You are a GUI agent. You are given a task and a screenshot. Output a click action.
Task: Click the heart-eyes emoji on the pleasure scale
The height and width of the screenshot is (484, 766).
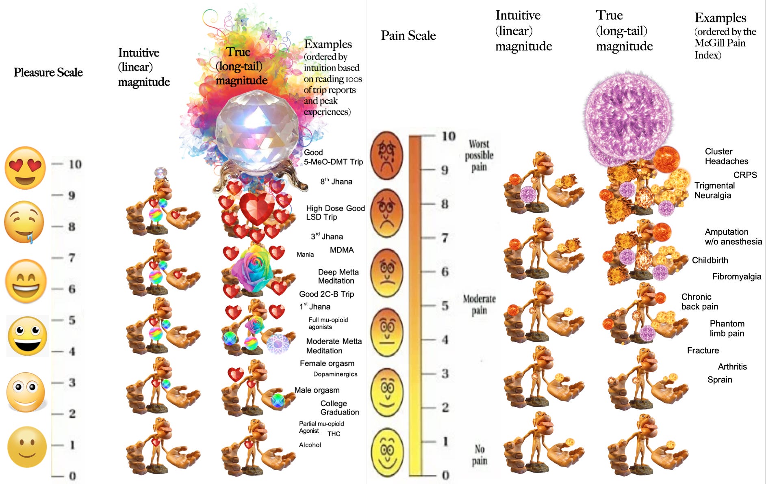[x=25, y=168]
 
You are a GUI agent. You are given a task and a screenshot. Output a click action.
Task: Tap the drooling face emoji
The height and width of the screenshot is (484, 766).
[x=24, y=222]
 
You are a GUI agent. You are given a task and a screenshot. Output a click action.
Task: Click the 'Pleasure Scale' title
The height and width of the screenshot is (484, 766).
[x=48, y=72]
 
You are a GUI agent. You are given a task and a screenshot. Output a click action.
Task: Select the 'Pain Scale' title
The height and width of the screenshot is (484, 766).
[x=408, y=36]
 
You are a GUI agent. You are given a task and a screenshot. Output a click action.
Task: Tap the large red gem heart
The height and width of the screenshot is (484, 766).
[x=256, y=209]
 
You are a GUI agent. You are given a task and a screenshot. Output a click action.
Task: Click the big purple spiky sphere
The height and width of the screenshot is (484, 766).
[x=628, y=118]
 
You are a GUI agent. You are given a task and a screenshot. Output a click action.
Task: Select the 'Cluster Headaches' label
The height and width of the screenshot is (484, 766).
[x=726, y=156]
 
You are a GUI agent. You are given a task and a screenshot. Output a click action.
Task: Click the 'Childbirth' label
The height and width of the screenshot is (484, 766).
[x=710, y=260]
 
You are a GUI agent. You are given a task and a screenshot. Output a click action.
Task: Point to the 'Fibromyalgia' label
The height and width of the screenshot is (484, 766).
[x=736, y=277]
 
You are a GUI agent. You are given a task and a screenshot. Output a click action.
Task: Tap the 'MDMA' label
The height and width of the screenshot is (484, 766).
[x=341, y=250]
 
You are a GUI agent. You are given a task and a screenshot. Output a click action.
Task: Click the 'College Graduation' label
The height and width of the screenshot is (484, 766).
[x=339, y=408]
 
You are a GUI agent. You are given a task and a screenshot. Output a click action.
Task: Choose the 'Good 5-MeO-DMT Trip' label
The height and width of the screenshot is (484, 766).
[x=333, y=157]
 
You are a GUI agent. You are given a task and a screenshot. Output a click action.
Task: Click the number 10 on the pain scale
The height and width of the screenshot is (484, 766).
[x=449, y=136]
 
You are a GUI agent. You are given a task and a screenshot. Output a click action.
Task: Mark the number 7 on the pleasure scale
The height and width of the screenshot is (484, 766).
[x=72, y=258]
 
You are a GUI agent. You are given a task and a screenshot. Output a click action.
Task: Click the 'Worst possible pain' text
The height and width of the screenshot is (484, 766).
[x=479, y=155]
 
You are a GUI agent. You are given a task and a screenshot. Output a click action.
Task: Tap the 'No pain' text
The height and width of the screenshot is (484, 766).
[x=480, y=455]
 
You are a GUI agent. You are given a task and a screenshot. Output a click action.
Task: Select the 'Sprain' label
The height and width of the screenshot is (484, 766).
[x=719, y=380]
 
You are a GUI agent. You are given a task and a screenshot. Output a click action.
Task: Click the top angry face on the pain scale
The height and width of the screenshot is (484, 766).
[x=386, y=155]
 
